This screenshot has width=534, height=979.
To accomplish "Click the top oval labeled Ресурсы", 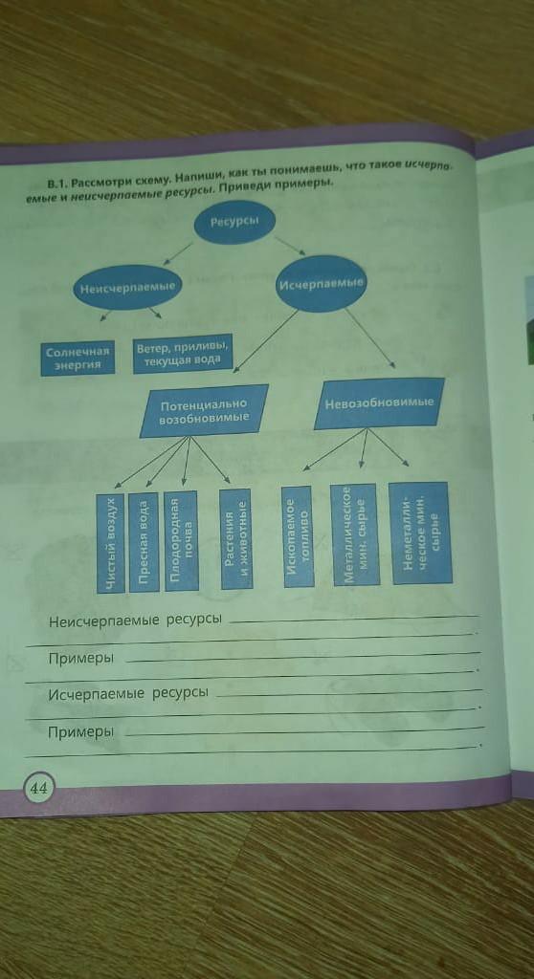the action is tap(234, 224).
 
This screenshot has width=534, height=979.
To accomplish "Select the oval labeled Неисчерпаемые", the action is tap(127, 287).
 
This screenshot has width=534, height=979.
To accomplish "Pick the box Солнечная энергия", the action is tap(78, 358).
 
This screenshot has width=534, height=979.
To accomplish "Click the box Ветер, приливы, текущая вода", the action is tap(183, 354).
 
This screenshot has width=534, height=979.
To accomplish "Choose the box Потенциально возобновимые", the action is tap(204, 411).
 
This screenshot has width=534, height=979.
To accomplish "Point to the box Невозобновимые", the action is tap(380, 403).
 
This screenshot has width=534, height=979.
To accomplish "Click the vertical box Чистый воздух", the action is tap(111, 543).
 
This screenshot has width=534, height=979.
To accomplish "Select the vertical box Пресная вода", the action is tap(144, 542).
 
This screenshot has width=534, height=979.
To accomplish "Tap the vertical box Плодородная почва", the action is tap(181, 541).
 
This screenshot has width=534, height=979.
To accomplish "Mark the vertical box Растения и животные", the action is tap(235, 539).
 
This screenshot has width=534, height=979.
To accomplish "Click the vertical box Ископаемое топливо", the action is tap(299, 536).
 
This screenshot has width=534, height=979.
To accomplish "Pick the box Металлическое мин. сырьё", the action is tap(355, 534).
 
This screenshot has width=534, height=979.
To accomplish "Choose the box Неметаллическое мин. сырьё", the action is tap(421, 533).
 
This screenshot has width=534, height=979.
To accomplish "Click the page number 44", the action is tap(39, 788).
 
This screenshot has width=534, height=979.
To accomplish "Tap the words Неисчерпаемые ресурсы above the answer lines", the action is tap(136, 621).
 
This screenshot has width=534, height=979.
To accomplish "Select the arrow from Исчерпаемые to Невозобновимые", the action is tap(369, 337).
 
